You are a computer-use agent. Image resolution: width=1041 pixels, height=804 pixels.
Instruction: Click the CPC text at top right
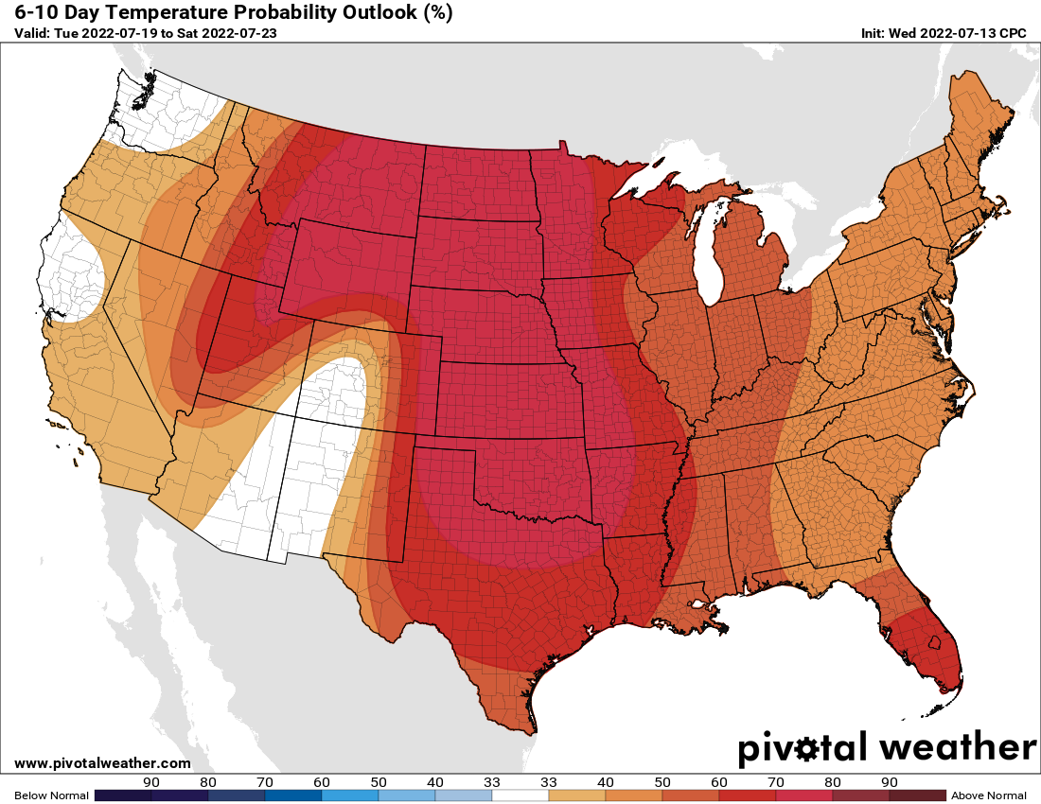point(1013,33)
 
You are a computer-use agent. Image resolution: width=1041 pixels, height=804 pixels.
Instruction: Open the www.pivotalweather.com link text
point(102,763)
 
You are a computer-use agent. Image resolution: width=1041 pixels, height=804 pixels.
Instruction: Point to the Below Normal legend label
point(46,795)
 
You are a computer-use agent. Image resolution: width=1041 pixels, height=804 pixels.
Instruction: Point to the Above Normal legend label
point(988,795)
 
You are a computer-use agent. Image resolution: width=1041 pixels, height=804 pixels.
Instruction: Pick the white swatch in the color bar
point(520,795)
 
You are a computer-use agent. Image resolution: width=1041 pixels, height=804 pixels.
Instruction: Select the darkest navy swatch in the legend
point(123,795)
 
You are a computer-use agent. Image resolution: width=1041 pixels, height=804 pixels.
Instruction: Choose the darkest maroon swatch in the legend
point(917,795)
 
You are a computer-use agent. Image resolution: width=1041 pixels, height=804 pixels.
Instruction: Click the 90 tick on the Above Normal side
point(889,782)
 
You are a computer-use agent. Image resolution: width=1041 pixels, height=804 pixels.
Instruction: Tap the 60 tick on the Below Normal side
point(322,782)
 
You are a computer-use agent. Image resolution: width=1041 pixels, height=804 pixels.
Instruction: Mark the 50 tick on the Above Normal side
point(662,782)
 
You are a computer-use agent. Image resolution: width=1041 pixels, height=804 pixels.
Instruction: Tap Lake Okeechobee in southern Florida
point(934,643)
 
